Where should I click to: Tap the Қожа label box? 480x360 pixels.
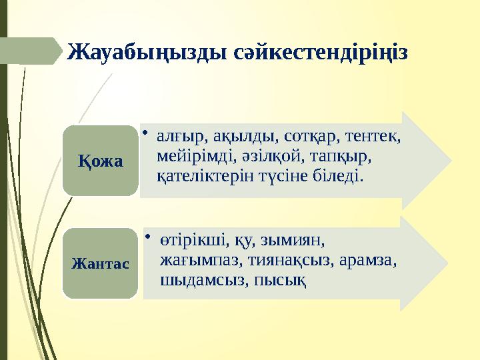click(100, 161)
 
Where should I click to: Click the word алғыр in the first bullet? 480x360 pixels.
click(175, 137)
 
